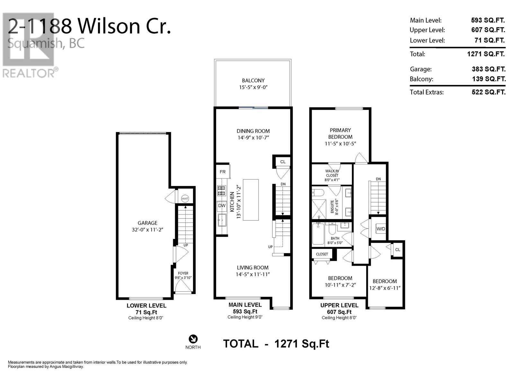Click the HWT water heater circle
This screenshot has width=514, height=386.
click(185, 199)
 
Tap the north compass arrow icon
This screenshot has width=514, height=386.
click(193, 339)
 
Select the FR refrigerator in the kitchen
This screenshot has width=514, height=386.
click(223, 172)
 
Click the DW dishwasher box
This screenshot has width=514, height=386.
click(222, 206)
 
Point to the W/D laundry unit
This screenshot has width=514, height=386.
click(381, 229)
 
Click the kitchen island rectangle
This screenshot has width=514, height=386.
click(251, 200)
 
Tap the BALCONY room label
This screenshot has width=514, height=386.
click(253, 81)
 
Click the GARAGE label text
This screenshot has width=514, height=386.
click(147, 223)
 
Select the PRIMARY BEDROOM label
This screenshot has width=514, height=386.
click(340, 133)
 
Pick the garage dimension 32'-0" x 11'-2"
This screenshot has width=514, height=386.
click(147, 230)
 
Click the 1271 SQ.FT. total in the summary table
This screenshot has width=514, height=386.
click(486, 54)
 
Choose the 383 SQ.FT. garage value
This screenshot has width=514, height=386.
click(489, 69)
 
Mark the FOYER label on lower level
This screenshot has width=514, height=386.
click(183, 273)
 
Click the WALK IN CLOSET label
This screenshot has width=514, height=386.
click(332, 173)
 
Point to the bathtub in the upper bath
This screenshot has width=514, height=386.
click(318, 234)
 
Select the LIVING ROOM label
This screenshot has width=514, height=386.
click(253, 268)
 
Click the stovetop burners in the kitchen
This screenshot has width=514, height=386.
click(222, 190)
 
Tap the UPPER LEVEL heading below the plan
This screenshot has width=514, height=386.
click(339, 305)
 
